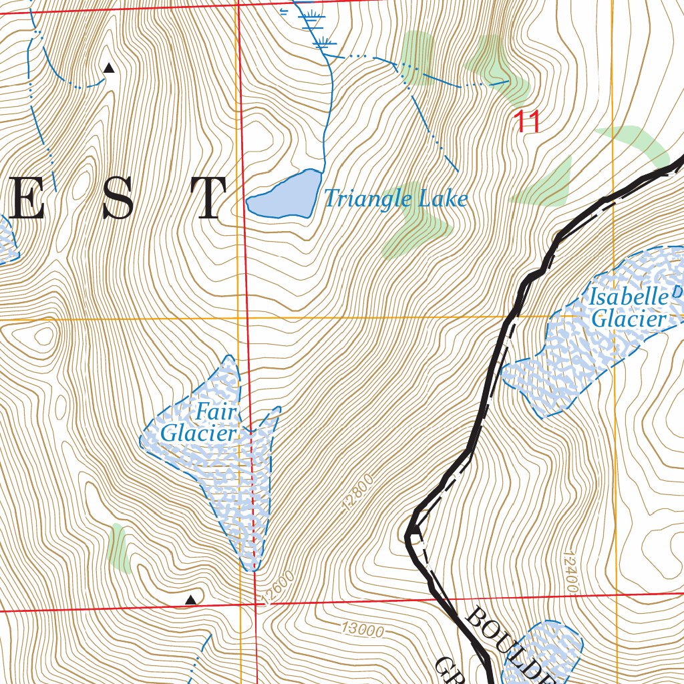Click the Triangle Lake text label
(x=395, y=198)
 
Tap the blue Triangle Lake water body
(x=284, y=195)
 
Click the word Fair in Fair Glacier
(x=216, y=413)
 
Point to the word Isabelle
(x=628, y=297)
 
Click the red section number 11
(x=526, y=122)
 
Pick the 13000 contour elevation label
(x=362, y=629)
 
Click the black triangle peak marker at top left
(x=109, y=67)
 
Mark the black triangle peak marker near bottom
(x=191, y=601)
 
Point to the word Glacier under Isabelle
(x=629, y=319)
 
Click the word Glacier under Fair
(x=199, y=434)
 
